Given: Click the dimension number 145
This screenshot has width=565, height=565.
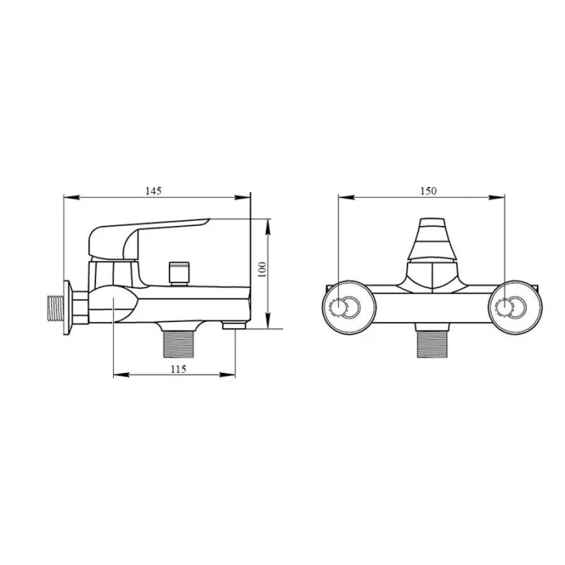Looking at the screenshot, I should click(x=154, y=191).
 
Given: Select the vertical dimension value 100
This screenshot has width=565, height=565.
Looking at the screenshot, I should click(x=262, y=269).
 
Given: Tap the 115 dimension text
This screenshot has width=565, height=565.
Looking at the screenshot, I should click(x=178, y=369).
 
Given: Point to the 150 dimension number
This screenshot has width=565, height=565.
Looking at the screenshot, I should click(x=428, y=191).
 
